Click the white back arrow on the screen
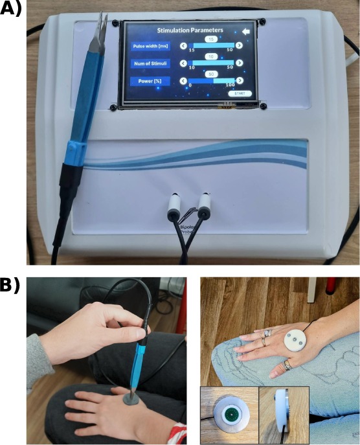(245, 30)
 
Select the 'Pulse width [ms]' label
(151, 46)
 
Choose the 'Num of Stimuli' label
(151, 63)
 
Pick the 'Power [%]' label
(150, 81)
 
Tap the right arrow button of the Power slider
(240, 80)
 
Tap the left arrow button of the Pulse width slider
(183, 45)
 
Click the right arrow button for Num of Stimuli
(240, 63)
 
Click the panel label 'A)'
(13, 11)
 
